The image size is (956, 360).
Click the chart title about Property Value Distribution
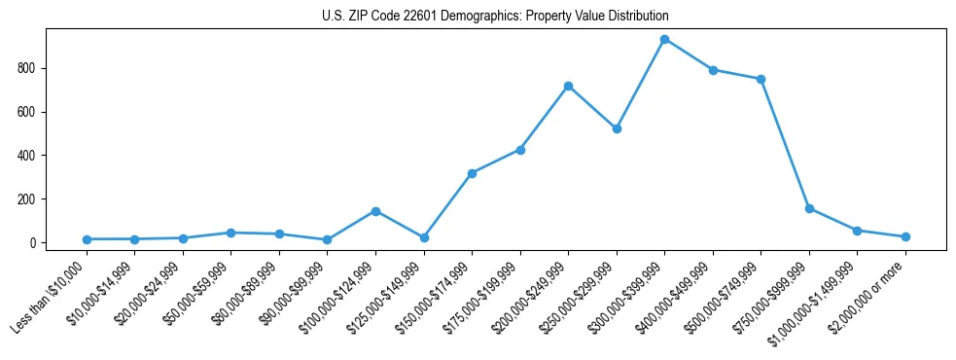[495, 17]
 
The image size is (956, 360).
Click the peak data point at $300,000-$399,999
[664, 40]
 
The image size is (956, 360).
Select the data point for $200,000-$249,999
[568, 87]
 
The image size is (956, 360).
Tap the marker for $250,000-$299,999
[617, 128]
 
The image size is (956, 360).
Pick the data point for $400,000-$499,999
[713, 70]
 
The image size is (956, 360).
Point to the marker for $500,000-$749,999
[761, 79]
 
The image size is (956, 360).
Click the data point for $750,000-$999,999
[809, 208]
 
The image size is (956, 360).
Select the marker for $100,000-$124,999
[375, 211]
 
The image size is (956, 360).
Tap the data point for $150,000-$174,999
[472, 173]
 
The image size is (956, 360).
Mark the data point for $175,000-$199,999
[520, 150]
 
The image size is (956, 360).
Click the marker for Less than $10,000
[87, 239]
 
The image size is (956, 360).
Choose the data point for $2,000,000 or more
[905, 236]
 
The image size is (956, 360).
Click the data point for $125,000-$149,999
[424, 237]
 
